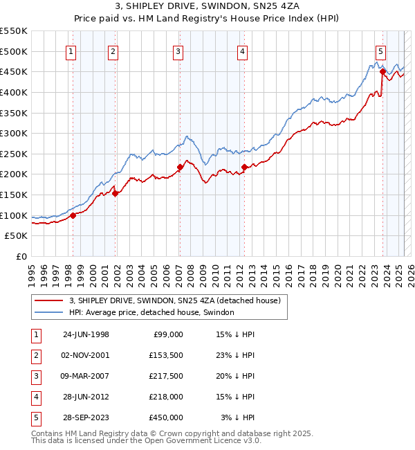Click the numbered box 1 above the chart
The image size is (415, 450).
(x=72, y=51)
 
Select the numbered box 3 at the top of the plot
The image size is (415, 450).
(x=178, y=51)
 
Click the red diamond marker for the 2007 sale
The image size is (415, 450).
(x=180, y=167)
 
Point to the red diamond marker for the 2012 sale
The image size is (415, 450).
(x=245, y=167)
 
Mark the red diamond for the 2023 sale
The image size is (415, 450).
(x=382, y=71)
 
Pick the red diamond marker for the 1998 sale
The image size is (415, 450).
(x=73, y=216)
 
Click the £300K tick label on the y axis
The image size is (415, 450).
(x=14, y=133)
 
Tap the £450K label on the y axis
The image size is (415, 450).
(x=14, y=71)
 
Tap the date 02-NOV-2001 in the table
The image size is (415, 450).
(x=86, y=355)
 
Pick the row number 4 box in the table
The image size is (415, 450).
(x=35, y=397)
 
